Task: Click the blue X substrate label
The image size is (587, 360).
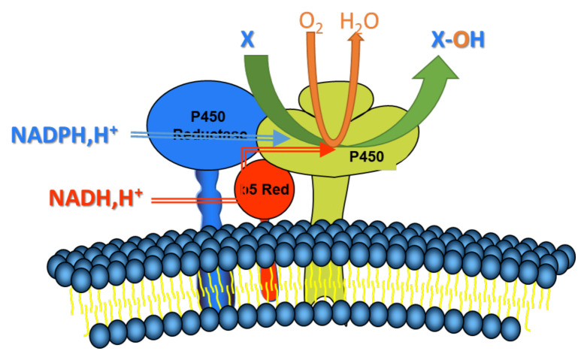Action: (247, 39)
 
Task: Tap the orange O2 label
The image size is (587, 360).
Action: (311, 20)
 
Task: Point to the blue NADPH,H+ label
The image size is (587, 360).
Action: (65, 135)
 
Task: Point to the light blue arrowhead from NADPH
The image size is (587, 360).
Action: (281, 137)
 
